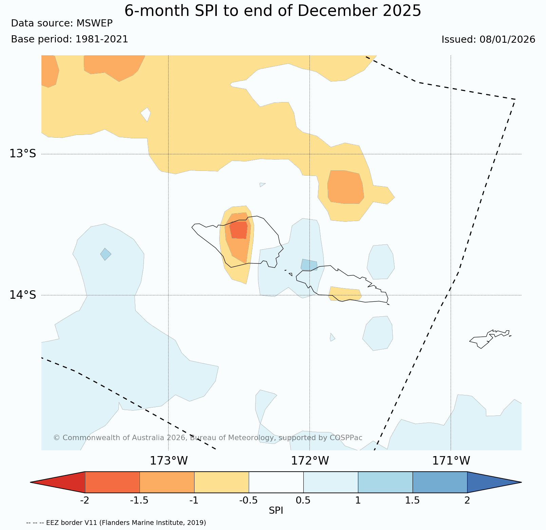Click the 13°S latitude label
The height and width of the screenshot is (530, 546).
click(x=22, y=154)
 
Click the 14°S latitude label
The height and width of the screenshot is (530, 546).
click(x=22, y=295)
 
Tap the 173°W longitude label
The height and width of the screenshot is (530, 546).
click(x=169, y=461)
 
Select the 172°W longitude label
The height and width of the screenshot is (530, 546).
click(x=310, y=461)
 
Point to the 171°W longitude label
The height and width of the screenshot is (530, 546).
click(x=451, y=461)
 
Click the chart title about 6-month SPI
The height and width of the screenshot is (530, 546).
click(x=273, y=11)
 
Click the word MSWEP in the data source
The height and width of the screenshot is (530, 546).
click(x=94, y=23)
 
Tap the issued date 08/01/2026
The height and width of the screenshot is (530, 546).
click(x=507, y=40)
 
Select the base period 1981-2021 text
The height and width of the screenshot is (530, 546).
click(x=102, y=39)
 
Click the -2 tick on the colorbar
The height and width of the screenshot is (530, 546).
click(x=84, y=500)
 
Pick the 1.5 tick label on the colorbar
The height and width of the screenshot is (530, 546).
click(x=413, y=500)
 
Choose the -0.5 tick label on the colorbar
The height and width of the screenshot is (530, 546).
click(x=249, y=500)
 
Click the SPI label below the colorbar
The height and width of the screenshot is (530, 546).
click(x=276, y=511)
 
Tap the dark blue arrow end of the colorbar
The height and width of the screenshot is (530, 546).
click(x=492, y=482)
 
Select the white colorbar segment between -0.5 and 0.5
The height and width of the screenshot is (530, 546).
click(x=276, y=482)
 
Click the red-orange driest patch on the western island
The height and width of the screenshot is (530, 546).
click(x=239, y=230)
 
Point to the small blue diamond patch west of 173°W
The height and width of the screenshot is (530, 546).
click(x=106, y=254)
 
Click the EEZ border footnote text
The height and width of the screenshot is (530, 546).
click(x=116, y=523)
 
